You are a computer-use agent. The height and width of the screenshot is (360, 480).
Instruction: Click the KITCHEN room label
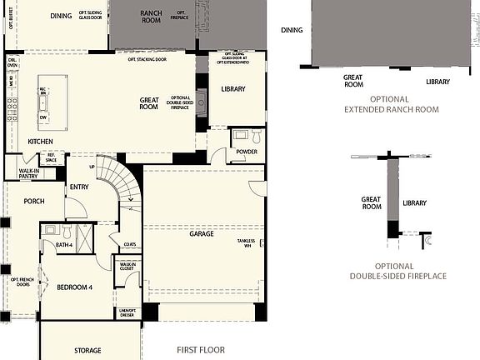tap(41, 142)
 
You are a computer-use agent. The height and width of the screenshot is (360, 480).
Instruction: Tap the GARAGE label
tap(202, 234)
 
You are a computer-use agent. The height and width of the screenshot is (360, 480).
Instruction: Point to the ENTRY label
tap(79, 187)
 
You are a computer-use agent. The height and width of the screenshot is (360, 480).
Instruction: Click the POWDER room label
tap(246, 152)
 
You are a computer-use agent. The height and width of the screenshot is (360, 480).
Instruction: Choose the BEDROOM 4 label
tap(75, 287)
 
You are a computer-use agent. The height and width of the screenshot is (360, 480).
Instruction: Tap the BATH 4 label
tap(64, 245)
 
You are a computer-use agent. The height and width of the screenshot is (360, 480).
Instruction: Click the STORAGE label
tap(87, 350)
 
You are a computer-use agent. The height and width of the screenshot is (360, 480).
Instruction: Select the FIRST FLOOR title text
tap(201, 350)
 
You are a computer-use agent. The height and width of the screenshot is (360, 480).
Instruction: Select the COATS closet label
tap(129, 244)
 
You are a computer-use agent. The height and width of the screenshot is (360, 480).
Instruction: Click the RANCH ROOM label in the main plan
tap(151, 17)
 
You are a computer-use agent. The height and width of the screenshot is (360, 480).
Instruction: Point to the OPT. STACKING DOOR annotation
tap(147, 59)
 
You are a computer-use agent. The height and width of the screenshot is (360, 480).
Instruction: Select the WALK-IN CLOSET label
tap(128, 267)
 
